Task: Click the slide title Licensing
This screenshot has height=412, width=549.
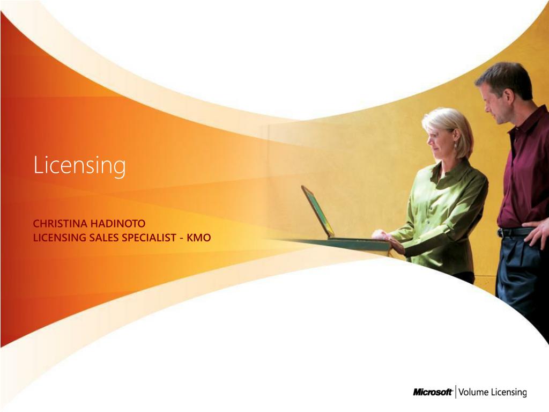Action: pos(79,165)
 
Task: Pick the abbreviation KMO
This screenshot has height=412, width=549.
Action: pos(199,237)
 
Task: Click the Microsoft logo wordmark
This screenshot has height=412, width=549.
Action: pos(433,392)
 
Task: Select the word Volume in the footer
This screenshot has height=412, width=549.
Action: pos(473,392)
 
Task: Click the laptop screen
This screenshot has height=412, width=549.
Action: pos(317,211)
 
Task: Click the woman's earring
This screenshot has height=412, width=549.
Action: pos(455,145)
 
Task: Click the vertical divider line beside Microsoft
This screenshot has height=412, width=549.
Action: pos(456,392)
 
